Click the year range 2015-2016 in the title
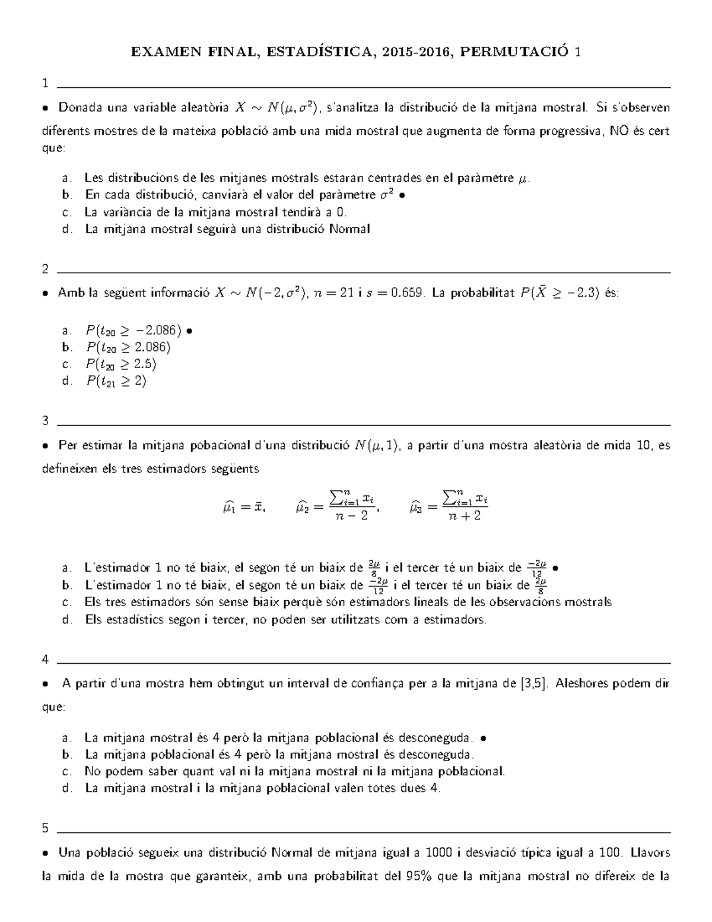417,52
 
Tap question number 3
45,422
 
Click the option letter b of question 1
66,195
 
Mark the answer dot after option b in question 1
403,195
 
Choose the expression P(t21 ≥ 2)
116,381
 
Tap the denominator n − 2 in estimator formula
351,517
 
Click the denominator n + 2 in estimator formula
465,517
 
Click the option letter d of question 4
66,788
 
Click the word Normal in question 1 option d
350,229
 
